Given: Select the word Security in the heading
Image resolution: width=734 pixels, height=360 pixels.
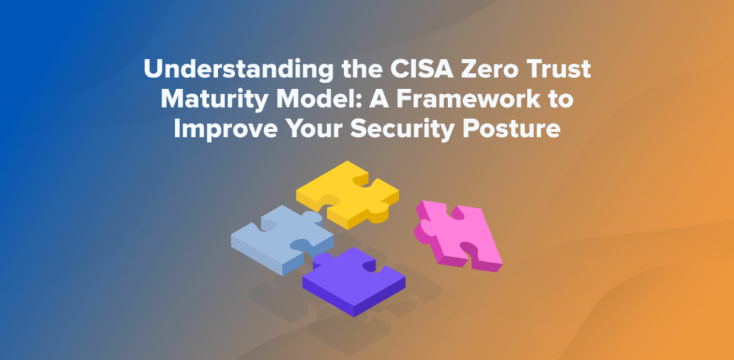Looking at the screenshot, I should [401, 130].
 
